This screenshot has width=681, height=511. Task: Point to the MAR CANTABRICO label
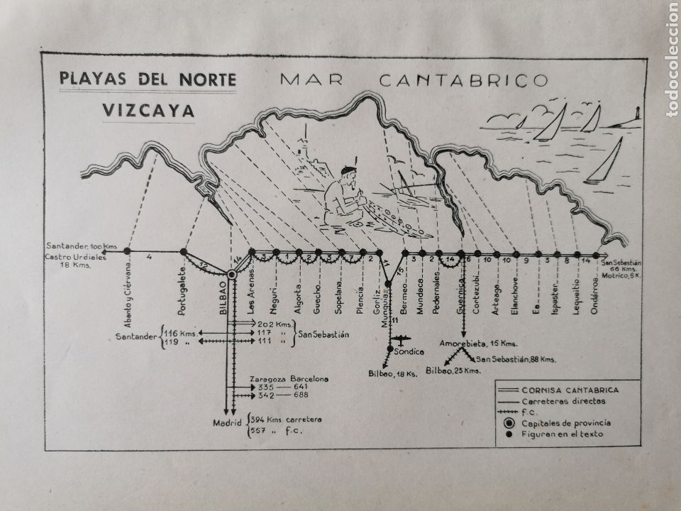coord(414,79)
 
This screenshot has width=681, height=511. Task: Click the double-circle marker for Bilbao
coord(232,275)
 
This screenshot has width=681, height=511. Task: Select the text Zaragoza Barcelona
coord(289,379)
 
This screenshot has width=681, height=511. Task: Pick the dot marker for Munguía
coord(388,285)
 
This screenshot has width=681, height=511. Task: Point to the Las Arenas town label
coord(250,293)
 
